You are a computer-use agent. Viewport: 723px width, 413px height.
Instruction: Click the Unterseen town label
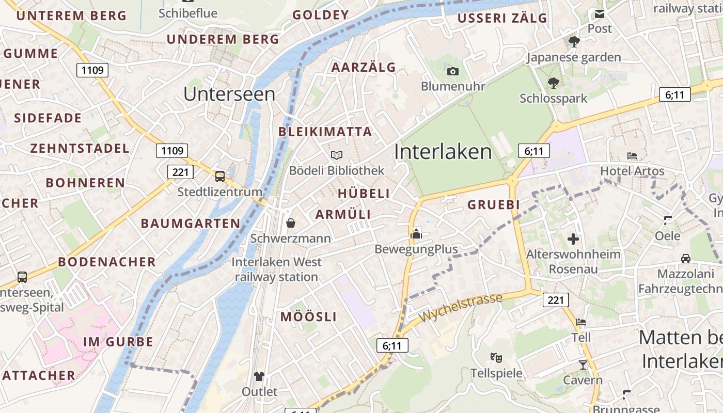click(229, 94)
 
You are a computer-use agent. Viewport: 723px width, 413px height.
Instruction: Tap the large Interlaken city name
click(443, 152)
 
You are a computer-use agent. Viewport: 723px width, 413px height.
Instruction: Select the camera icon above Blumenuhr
click(453, 71)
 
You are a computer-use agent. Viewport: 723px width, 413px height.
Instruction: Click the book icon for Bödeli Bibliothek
click(337, 155)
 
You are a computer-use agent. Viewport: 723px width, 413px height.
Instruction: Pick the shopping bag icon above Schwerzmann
click(291, 223)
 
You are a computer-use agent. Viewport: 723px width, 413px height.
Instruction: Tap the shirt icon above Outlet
click(259, 376)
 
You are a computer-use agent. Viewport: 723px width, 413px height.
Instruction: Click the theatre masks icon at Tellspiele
click(496, 357)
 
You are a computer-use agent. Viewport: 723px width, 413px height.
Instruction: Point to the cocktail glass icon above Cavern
click(583, 365)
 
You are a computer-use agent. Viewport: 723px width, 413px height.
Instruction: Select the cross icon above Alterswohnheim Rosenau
click(573, 239)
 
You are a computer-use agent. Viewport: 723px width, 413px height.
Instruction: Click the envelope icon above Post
click(600, 14)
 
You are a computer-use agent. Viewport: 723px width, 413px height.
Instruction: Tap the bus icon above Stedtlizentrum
click(220, 177)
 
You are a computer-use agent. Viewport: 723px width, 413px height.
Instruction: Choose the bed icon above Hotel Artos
click(632, 155)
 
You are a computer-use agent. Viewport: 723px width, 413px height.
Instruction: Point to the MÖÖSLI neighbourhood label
click(309, 317)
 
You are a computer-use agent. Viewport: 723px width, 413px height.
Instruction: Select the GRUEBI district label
click(494, 205)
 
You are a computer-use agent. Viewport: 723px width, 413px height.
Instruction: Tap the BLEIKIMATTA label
click(325, 132)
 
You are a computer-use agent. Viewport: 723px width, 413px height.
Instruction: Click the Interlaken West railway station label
click(276, 269)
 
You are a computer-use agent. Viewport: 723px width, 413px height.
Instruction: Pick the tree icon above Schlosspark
click(554, 83)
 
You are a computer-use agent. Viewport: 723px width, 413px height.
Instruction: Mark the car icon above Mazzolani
click(686, 258)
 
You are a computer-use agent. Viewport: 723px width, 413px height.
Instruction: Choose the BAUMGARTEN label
click(191, 224)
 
